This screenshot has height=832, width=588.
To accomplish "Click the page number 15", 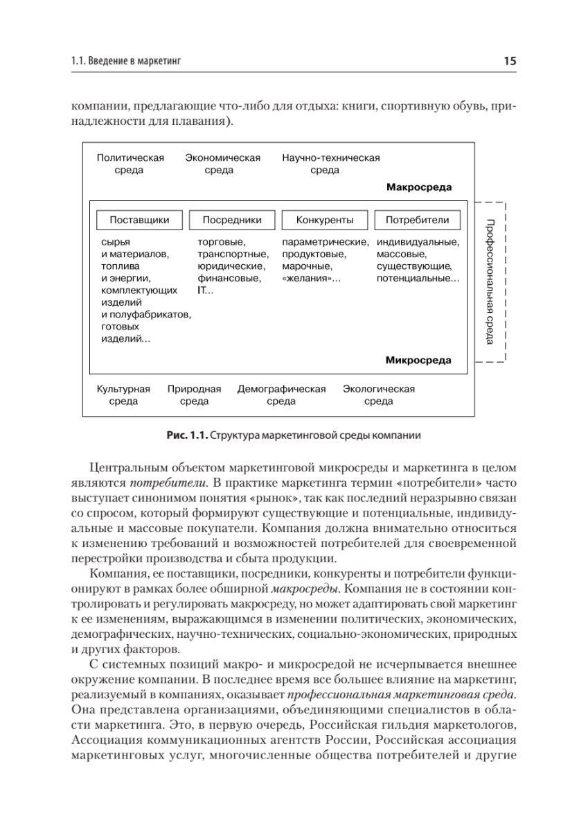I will click(x=510, y=62).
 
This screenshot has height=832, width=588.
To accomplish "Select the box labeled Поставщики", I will click(x=139, y=220).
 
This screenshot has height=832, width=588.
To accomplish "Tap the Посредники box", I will click(x=232, y=220).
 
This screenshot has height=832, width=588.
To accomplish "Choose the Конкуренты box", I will click(x=325, y=220).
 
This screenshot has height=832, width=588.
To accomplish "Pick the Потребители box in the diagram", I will click(x=418, y=220).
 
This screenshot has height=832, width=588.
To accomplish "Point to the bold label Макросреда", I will click(x=419, y=187).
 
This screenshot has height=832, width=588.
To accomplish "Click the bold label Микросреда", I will click(x=418, y=361).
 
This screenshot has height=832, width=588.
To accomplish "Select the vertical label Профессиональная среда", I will click(x=490, y=281).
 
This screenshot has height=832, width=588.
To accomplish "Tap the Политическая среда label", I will click(x=131, y=164).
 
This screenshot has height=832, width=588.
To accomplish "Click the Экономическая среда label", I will click(x=223, y=164).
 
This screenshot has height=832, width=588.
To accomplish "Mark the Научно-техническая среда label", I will click(x=331, y=164).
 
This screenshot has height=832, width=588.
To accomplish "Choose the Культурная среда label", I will click(x=123, y=395).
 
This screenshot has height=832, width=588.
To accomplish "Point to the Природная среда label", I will click(x=194, y=395).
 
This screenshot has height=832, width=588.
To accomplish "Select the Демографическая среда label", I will click(x=281, y=395).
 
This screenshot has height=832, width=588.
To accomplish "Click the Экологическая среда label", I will click(x=379, y=395).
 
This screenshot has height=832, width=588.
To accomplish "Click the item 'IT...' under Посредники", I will click(x=206, y=291).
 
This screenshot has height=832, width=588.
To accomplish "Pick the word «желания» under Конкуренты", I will click(x=309, y=279).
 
